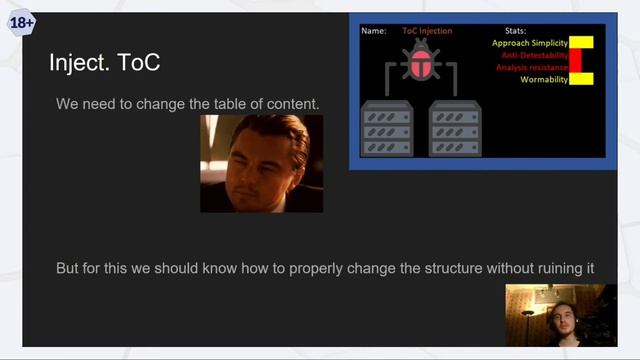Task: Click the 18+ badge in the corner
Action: (21, 21)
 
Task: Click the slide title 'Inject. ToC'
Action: (104, 64)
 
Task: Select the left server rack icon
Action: (385, 127)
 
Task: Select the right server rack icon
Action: (454, 127)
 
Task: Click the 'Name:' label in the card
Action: (373, 31)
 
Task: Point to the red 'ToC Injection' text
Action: (427, 31)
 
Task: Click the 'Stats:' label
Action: (515, 31)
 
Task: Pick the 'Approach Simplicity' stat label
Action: (529, 43)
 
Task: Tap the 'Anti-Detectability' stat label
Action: (534, 55)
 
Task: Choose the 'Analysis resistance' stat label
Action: (531, 67)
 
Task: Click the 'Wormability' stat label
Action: (544, 79)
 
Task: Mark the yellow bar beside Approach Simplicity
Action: (581, 43)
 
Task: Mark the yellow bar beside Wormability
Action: (581, 79)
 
